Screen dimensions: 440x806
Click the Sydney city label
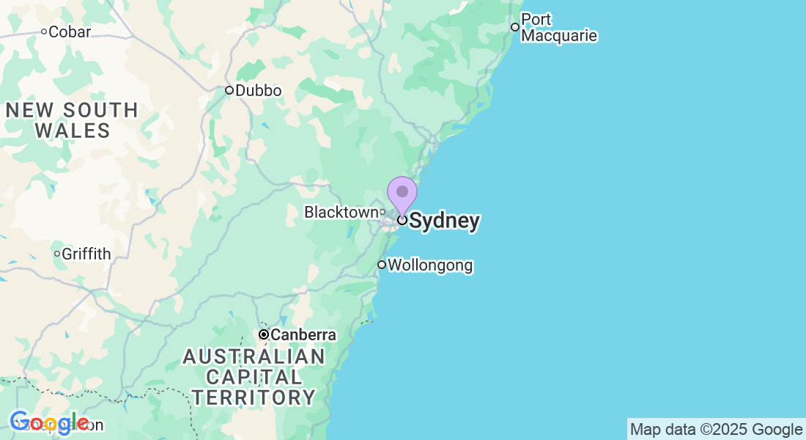tap(444, 221)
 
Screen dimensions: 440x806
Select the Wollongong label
tap(430, 265)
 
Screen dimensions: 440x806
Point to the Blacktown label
tap(341, 212)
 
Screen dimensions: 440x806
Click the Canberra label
tap(303, 335)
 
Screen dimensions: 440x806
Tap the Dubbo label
tap(259, 90)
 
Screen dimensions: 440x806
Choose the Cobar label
tap(70, 32)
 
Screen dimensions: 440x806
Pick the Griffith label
tap(86, 254)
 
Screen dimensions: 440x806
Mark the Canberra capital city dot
tap(263, 334)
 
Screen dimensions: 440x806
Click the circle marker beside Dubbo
tap(229, 90)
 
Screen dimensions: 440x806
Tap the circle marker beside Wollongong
tap(382, 265)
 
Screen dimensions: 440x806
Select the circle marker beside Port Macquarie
tap(515, 27)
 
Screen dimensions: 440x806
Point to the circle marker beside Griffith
tap(57, 254)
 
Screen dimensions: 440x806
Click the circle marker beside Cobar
tap(44, 32)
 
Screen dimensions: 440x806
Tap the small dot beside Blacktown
tap(382, 212)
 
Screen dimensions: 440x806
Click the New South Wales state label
tap(72, 121)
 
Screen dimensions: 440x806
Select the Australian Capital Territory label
tap(254, 378)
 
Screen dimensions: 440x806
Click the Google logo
tap(49, 423)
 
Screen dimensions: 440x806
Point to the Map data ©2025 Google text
tap(716, 430)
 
